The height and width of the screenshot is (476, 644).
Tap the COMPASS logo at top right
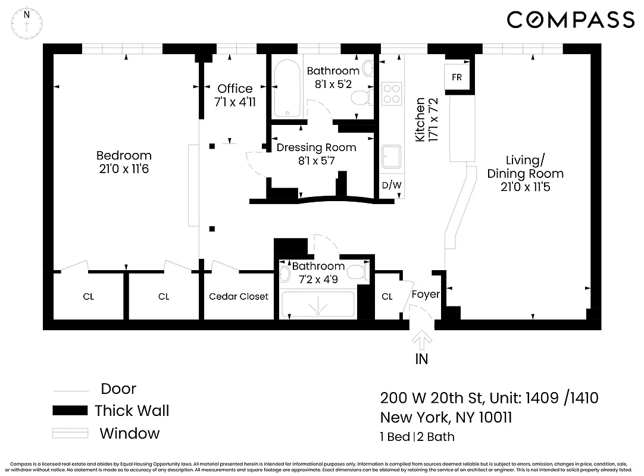[x=570, y=20]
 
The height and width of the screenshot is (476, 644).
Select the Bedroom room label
[x=123, y=156]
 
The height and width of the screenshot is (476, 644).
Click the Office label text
[x=235, y=89]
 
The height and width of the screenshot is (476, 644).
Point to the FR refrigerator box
[x=457, y=77]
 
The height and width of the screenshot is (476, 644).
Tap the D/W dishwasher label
[x=391, y=185]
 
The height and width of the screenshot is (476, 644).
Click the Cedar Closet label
[x=239, y=296]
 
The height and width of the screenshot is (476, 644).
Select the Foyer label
[x=426, y=294]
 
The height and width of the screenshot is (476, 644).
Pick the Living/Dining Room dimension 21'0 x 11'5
[x=525, y=186]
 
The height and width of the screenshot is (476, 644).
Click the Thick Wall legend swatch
[x=70, y=411]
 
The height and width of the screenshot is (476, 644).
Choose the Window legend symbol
[x=70, y=433]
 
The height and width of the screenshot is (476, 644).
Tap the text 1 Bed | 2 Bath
[x=417, y=437]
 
